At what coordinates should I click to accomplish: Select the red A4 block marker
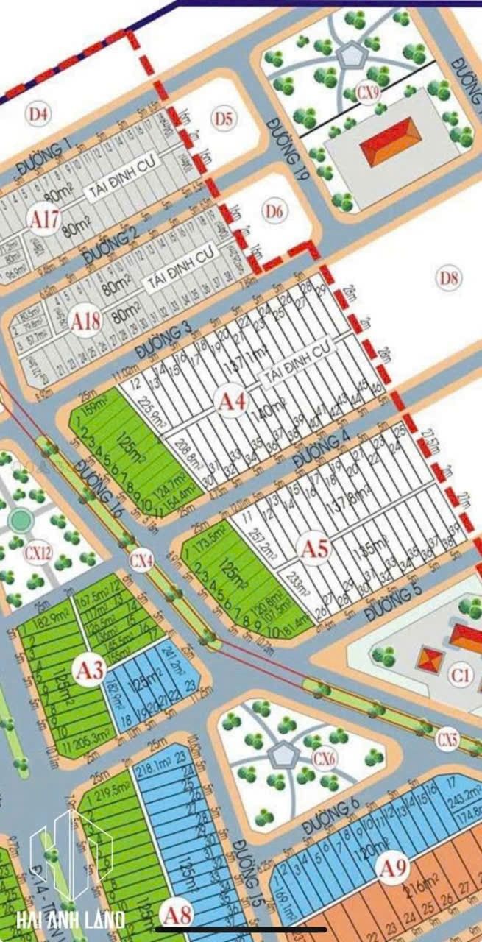point(232,402)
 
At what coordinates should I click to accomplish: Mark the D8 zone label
point(449,278)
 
